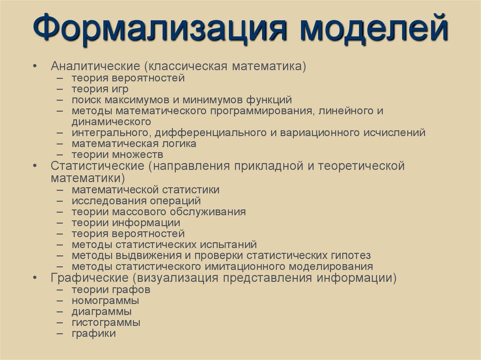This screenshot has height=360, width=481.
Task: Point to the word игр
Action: [120, 89]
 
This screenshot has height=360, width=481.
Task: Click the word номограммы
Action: [105, 300]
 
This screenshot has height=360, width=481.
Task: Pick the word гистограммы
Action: [106, 322]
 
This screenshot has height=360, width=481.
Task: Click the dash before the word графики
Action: [61, 334]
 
